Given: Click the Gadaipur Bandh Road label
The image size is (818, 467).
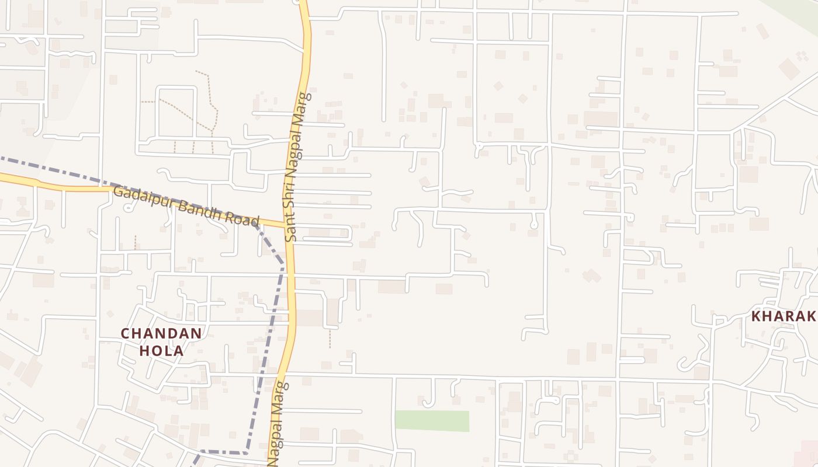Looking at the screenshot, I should pos(186,206).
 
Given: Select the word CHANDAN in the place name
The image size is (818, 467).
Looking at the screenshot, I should pos(161,334).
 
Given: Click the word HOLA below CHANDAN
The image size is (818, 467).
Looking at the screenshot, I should pos(161,351).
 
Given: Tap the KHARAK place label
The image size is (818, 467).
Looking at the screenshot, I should pos(784,316).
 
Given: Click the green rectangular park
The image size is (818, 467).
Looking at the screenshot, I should pos(432,421).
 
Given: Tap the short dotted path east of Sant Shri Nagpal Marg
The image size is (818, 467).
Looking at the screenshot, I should pos(330,339).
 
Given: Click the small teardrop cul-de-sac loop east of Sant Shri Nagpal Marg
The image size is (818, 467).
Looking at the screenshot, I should pos(533,224).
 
